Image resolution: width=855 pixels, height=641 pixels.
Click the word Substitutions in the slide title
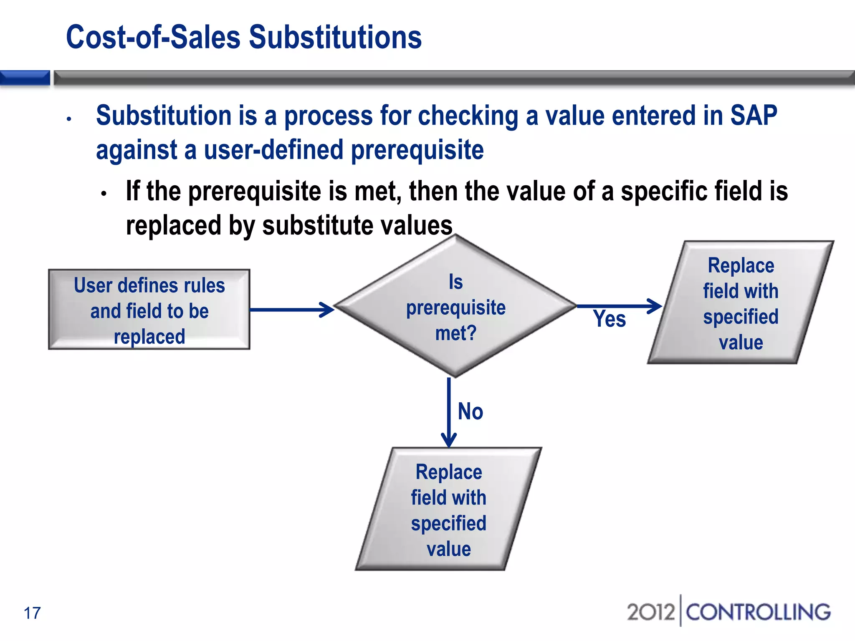coord(335,38)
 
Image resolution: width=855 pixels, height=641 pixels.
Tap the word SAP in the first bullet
coord(754,116)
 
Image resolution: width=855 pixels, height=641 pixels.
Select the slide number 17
coord(32,613)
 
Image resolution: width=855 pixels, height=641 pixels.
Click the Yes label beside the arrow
coord(609,319)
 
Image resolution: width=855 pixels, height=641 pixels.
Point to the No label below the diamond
coord(471,411)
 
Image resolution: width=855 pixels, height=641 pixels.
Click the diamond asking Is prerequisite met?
coord(455,307)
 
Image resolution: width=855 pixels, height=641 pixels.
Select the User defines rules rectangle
coord(149,310)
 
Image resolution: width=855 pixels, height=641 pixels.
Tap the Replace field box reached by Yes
coord(741,303)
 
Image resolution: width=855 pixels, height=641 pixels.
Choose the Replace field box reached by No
coord(449,510)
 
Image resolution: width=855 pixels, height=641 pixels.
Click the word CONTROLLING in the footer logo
coord(758,612)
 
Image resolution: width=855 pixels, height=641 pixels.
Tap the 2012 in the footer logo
coord(650,612)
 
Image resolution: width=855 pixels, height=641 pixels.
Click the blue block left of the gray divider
coord(25,78)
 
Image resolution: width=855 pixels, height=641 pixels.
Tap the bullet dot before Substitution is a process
coord(69,119)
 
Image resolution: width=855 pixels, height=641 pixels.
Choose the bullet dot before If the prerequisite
coord(104,194)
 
